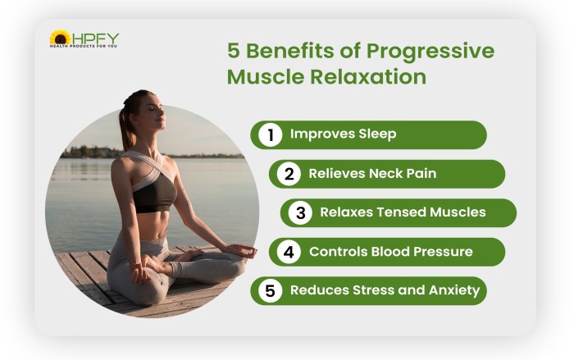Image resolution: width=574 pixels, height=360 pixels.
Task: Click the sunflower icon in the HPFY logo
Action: tap(60, 37)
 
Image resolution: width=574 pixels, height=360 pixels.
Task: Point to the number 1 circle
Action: tap(269, 134)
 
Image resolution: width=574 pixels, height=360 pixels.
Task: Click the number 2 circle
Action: tap(288, 174)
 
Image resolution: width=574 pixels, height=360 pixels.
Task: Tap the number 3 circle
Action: tap(300, 212)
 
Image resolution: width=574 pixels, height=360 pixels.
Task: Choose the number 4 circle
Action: tap(288, 252)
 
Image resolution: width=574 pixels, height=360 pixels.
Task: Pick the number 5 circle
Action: tap(269, 290)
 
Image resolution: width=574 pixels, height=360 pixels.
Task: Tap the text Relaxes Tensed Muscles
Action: tap(403, 212)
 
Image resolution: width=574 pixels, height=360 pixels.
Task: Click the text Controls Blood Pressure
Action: tap(390, 252)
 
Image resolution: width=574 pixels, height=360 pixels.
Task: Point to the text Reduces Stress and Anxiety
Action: tap(385, 290)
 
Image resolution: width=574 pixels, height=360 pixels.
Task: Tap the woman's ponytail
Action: tap(124, 123)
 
